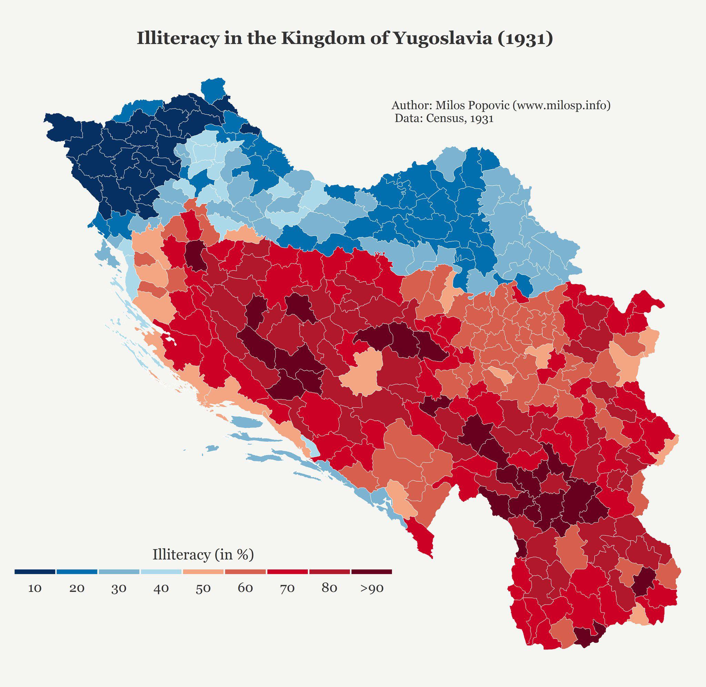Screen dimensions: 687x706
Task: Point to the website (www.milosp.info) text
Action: [x=562, y=105]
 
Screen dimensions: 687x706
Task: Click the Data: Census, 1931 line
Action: [x=444, y=119]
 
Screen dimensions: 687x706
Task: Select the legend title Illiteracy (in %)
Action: [x=203, y=555]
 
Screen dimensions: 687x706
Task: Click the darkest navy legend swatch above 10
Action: [x=35, y=572]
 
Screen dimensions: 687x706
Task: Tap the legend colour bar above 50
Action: [x=203, y=572]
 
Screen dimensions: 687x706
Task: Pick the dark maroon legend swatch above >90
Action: [x=372, y=572]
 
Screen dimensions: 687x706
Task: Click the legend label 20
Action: [x=77, y=588]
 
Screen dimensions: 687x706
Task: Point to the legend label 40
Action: [x=161, y=588]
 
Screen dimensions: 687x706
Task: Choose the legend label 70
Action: [x=287, y=588]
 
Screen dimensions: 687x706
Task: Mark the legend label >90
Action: [x=372, y=588]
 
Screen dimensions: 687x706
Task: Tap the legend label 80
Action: [x=329, y=588]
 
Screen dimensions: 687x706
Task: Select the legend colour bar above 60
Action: [x=245, y=572]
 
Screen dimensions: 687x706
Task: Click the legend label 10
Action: [x=35, y=588]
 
